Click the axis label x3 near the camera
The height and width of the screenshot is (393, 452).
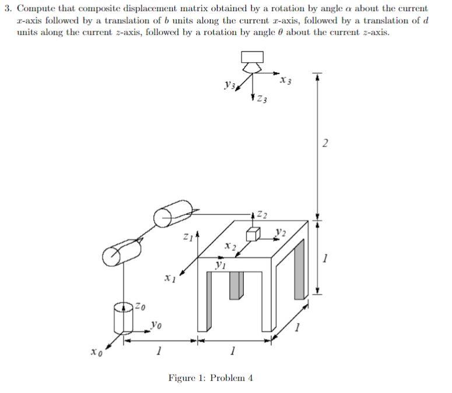point(286,80)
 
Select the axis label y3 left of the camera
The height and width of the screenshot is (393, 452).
point(229,86)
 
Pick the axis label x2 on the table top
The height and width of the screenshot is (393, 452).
point(230,248)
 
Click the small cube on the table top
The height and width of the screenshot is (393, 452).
point(252,233)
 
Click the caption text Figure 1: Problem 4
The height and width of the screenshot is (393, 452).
point(211,378)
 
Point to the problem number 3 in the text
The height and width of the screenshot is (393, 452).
point(7,9)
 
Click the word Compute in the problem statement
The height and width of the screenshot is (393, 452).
point(34,9)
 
